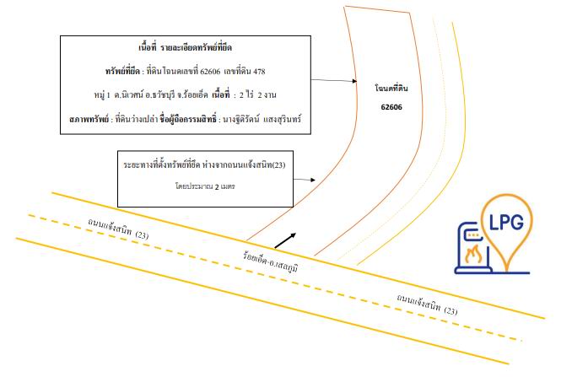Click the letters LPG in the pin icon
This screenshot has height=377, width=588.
tap(507, 222)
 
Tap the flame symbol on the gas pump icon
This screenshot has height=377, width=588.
tap(473, 254)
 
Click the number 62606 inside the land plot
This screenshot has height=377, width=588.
tap(391, 107)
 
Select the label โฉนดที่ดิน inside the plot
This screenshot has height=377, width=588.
tap(391, 89)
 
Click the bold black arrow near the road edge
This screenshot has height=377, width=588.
tap(285, 240)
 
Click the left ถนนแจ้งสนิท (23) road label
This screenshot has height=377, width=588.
tap(118, 229)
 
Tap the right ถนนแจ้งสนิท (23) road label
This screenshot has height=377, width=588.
tap(427, 304)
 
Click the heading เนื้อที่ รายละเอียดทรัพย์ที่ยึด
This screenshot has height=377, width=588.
tap(186, 47)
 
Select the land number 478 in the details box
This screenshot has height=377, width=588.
tap(259, 71)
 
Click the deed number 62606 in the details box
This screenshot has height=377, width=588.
tap(210, 71)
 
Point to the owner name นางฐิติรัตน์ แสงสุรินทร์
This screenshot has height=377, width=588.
tap(262, 120)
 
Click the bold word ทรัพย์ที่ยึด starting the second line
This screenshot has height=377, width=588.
tap(122, 71)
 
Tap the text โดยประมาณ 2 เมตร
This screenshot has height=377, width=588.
tap(205, 186)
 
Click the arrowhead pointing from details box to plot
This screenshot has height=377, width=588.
tap(354, 81)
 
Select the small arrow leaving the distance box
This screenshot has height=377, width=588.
tap(305, 180)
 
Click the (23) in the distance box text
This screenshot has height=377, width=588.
tap(278, 165)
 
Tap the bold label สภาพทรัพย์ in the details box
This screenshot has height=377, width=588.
tap(89, 120)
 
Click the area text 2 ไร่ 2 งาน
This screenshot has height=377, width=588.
tap(257, 94)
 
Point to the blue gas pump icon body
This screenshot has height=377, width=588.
tap(473, 248)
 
